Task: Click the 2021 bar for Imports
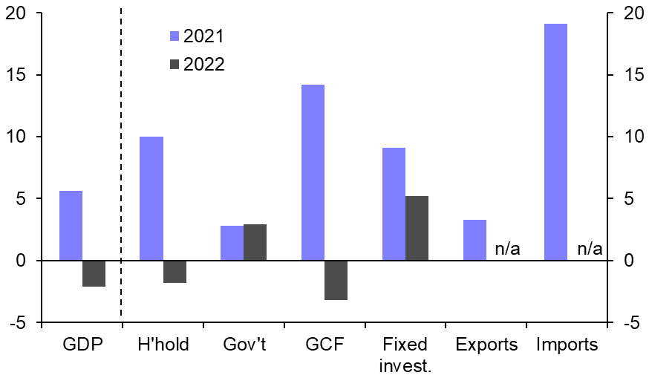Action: point(555,142)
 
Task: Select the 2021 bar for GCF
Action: point(313,172)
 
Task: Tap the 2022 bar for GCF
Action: point(336,280)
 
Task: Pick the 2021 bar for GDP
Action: point(71,226)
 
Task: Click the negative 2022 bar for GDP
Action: point(94,273)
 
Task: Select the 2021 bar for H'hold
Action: point(151,198)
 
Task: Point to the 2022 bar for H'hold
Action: point(175,272)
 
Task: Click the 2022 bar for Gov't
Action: point(255,242)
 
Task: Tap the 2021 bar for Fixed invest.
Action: point(394,204)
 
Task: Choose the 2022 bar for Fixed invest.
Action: point(417,228)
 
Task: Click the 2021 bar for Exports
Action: point(474,240)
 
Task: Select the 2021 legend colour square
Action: point(175,36)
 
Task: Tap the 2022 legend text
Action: point(203,64)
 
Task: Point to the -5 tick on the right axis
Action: point(630,322)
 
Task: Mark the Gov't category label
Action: point(245,345)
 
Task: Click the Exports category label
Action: point(486,345)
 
